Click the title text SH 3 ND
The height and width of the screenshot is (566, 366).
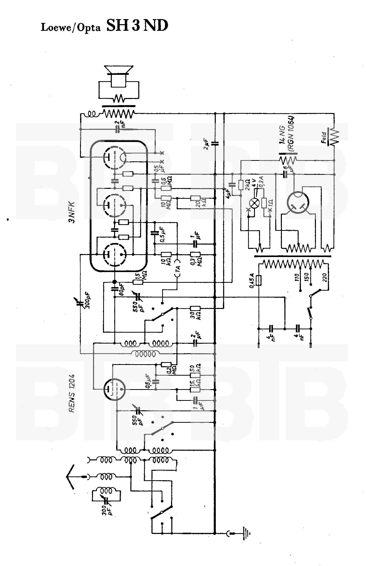point(137,26)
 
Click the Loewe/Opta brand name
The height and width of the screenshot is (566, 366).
point(71,27)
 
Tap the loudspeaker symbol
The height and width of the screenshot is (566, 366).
point(119,76)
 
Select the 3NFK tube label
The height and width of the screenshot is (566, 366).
point(72,212)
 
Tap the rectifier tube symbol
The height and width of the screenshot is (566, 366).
point(298,202)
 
